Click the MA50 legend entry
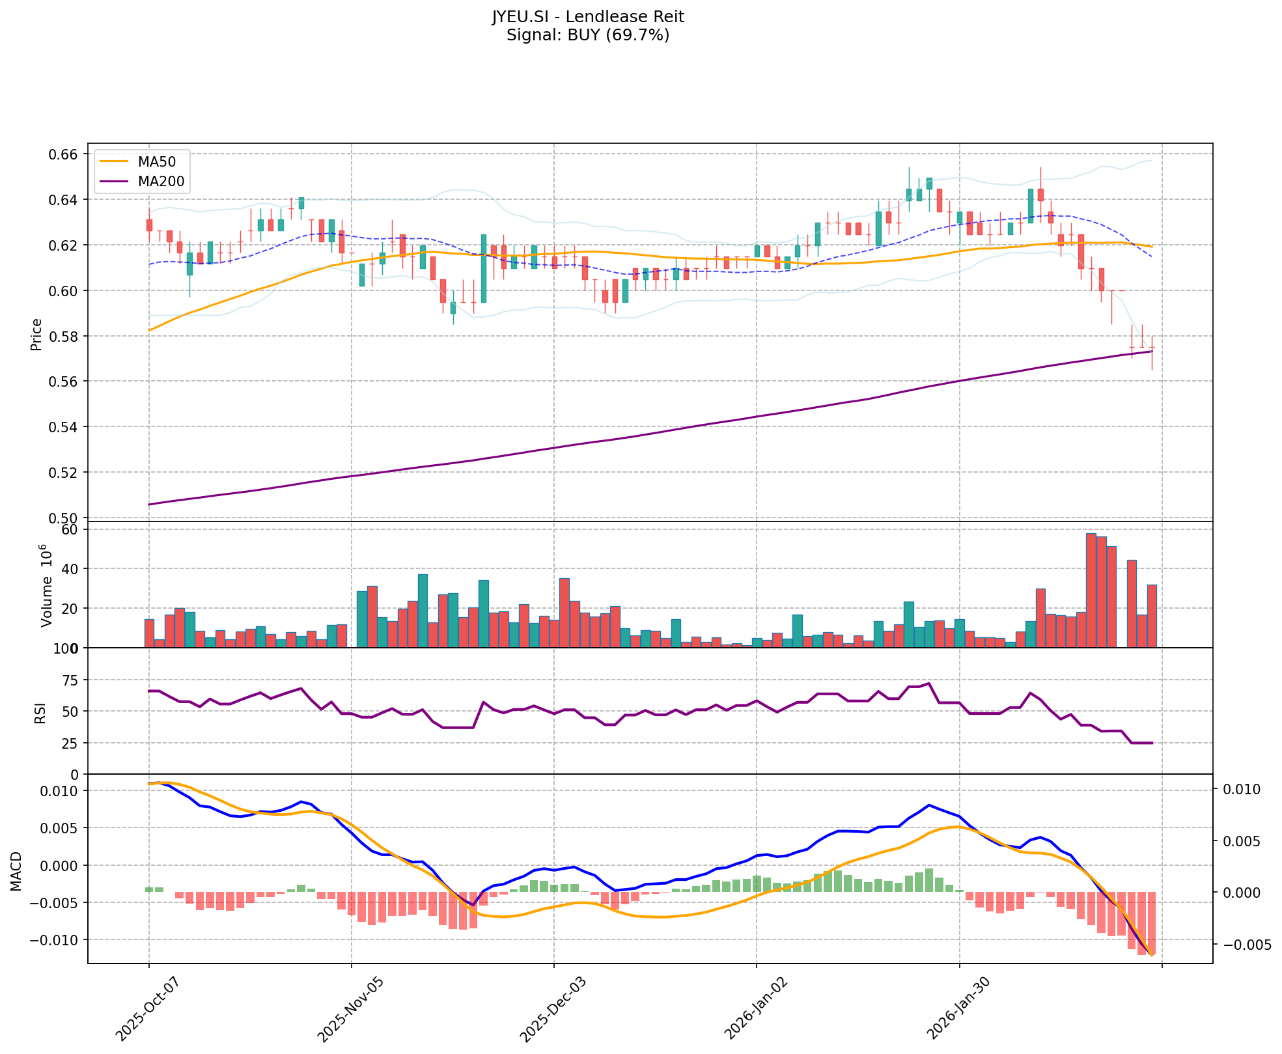pyautogui.click(x=156, y=160)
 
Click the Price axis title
pyautogui.click(x=36, y=334)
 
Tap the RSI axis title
pyautogui.click(x=40, y=712)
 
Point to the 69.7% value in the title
pyautogui.click(x=639, y=35)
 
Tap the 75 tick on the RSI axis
pyautogui.click(x=69, y=680)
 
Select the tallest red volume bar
pyautogui.click(x=1091, y=590)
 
